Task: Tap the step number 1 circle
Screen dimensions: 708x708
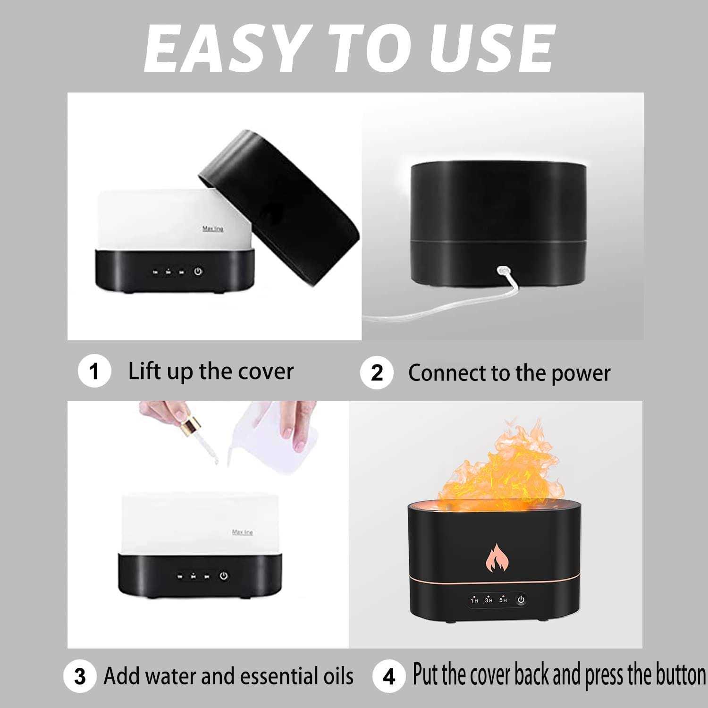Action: coord(94,371)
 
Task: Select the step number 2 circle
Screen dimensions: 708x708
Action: coord(376,373)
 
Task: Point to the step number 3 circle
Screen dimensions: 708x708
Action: coord(80,676)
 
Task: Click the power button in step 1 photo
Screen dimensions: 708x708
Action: coord(198,271)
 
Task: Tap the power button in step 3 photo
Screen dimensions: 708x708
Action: coord(224,576)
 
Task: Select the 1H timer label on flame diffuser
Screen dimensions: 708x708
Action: coord(474,600)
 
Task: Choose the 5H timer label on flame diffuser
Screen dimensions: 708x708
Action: coord(503,599)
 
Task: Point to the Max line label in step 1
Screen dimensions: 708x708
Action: coord(213,229)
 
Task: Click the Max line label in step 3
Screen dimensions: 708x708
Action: coord(242,532)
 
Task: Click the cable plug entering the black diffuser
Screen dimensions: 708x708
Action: coord(502,271)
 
